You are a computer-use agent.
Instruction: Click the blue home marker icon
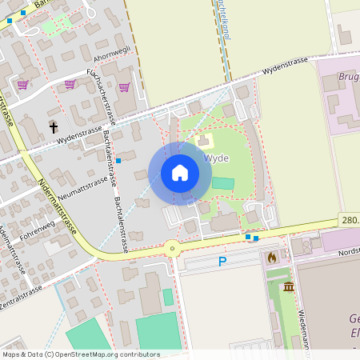pyautogui.click(x=179, y=173)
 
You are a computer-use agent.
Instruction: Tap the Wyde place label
pyautogui.click(x=217, y=158)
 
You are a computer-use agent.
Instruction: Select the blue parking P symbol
pyautogui.click(x=222, y=262)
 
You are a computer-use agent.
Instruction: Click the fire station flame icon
pyautogui.click(x=271, y=258)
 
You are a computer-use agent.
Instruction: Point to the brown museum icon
pyautogui.click(x=288, y=286)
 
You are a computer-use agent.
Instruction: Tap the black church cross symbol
pyautogui.click(x=54, y=126)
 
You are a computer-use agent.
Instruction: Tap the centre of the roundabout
pyautogui.click(x=172, y=248)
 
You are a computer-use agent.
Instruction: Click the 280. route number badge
pyautogui.click(x=350, y=219)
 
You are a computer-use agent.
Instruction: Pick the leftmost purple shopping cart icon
pyautogui.click(x=22, y=84)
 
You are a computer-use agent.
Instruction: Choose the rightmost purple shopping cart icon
pyautogui.click(x=124, y=87)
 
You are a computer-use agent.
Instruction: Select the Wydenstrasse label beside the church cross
pyautogui.click(x=78, y=134)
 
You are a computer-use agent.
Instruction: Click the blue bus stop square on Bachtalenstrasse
pyautogui.click(x=118, y=161)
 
